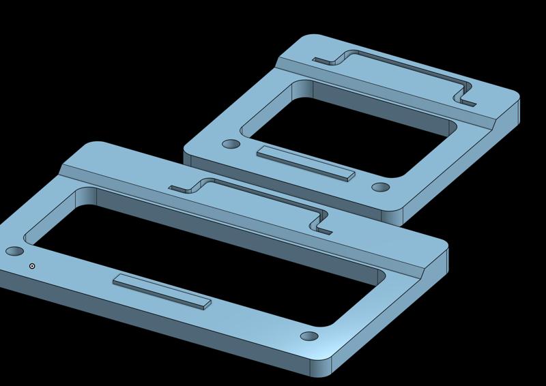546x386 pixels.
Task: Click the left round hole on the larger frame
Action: click(13, 252)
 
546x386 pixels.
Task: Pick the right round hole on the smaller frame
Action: click(380, 187)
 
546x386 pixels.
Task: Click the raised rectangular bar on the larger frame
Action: click(162, 291)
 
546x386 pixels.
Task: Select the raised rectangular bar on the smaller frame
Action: click(306, 164)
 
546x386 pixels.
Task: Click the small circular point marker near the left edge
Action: click(32, 266)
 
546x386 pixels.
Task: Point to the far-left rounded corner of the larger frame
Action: click(89, 147)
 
